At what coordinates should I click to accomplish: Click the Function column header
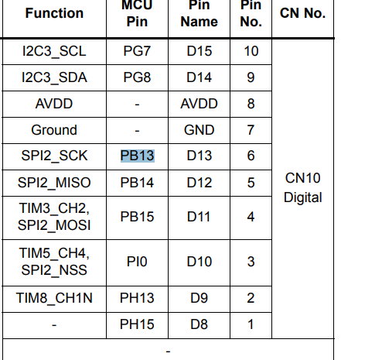point(54,13)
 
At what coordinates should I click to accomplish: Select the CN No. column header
point(302,13)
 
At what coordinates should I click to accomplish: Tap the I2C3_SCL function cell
point(54,51)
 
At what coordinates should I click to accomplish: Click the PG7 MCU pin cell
point(137,51)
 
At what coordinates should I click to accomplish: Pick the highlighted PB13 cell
point(138,156)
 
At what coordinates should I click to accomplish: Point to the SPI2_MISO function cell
point(54,183)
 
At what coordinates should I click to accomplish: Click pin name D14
point(200,77)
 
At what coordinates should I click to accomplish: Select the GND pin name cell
point(200,130)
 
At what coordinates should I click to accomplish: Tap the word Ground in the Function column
point(54,130)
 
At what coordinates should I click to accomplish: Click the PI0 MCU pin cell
point(137,262)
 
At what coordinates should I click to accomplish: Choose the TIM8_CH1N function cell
point(54,298)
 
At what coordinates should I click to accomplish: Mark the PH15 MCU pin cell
point(137,324)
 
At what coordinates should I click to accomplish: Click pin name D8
point(199,324)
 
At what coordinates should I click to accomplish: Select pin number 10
point(251,51)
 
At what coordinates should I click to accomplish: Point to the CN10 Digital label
point(303,187)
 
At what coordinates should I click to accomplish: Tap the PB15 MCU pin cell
point(137,217)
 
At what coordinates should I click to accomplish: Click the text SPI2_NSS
point(54,270)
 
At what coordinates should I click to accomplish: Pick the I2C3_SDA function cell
point(54,77)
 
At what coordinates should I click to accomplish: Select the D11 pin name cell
point(199,217)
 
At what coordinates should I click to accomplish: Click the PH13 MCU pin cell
point(137,298)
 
